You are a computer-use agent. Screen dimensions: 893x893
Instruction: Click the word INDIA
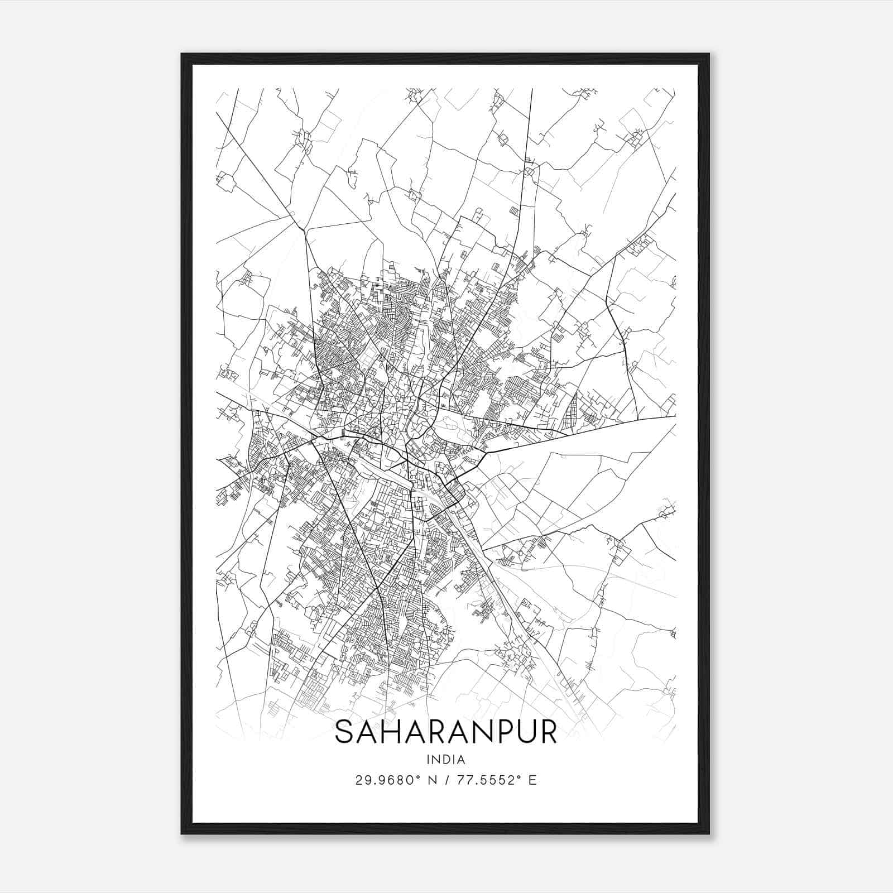[x=446, y=760]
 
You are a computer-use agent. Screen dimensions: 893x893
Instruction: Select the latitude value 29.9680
[x=383, y=780]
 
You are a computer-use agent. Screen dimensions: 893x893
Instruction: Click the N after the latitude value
[x=431, y=780]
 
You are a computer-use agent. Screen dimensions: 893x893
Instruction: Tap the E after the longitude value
[x=532, y=780]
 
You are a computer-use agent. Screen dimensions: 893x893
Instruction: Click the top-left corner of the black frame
[x=182, y=54]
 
